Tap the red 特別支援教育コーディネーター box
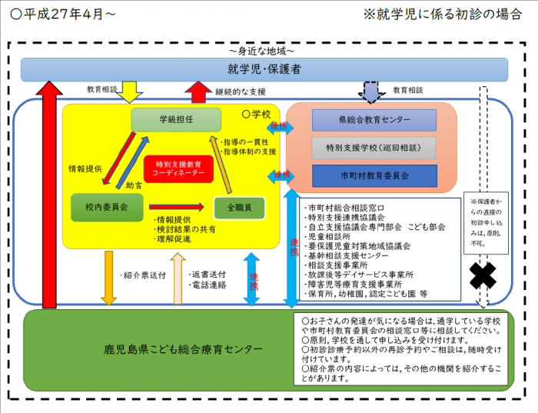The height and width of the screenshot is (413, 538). pos(179,168)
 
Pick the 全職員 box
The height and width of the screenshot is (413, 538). pos(238,207)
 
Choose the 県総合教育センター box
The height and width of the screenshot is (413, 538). pos(374,121)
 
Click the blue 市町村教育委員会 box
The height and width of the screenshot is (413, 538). pos(374,175)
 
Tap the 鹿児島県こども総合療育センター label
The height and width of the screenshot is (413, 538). pos(183,350)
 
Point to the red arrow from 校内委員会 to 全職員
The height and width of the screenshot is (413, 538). pos(178,207)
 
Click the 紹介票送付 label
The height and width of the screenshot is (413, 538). pos(141,274)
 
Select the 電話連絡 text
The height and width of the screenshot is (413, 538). pos(208,285)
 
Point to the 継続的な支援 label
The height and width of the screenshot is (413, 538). pos(241,91)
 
